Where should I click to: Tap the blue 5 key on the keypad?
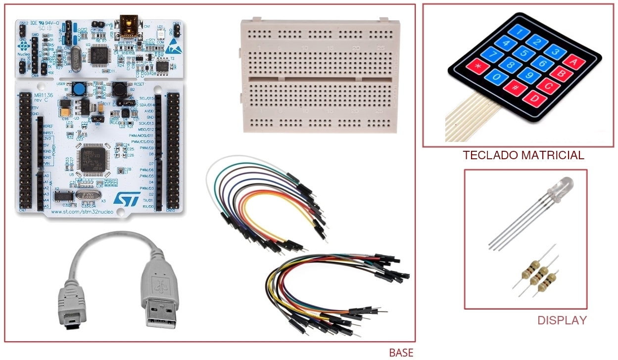[x=523, y=53]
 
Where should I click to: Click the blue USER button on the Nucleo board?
[x=78, y=89]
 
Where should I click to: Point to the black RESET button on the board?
[x=119, y=89]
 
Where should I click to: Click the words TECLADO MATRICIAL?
[x=523, y=155]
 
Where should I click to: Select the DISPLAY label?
[x=562, y=320]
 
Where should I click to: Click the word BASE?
[x=401, y=353]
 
